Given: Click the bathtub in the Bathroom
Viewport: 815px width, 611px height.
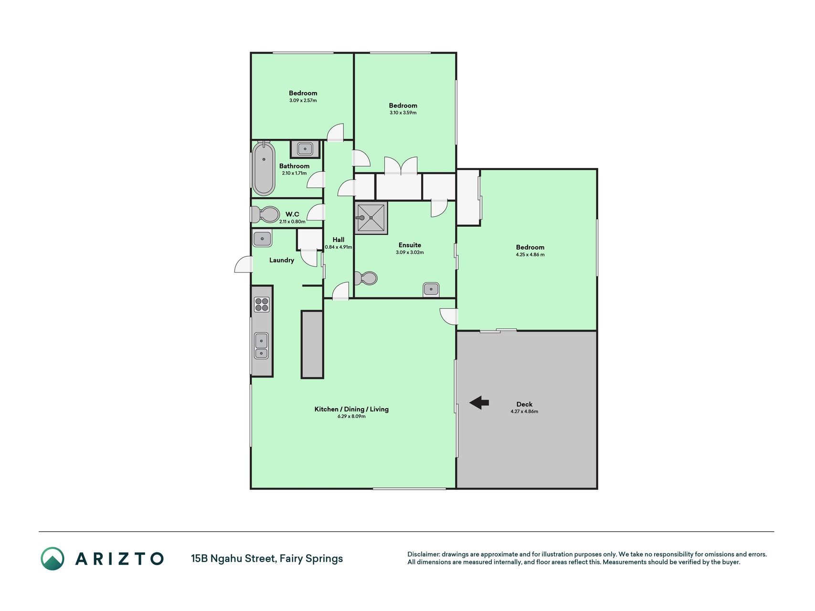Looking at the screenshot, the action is (264, 169).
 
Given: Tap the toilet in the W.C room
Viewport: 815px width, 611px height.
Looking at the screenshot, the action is (265, 215).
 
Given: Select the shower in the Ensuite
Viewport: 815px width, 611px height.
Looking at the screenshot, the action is (371, 218).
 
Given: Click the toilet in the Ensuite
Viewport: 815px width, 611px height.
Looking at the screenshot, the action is (366, 278).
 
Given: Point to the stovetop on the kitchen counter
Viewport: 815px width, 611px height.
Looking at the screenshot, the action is (262, 305).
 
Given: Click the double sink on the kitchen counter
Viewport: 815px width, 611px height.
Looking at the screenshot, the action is (261, 346).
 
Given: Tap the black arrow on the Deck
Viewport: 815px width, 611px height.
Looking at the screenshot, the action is (479, 403).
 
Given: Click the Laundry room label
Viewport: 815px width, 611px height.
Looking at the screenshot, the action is (282, 260).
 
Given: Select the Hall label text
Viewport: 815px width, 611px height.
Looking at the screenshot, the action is (339, 240).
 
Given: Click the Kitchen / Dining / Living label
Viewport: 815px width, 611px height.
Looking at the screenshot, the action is (351, 409).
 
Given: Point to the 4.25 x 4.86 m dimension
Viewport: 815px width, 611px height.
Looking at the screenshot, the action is (530, 254).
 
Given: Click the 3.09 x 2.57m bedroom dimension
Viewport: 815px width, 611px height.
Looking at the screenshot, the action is (303, 101).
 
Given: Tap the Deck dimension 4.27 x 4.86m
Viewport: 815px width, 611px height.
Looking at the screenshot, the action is (524, 411).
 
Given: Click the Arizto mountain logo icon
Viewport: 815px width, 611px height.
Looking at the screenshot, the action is (52, 558).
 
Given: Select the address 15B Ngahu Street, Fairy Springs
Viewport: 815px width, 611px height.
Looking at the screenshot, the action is (267, 558).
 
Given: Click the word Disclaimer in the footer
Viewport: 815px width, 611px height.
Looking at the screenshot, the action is (423, 554).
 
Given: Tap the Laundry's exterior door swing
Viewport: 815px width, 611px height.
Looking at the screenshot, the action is (243, 264).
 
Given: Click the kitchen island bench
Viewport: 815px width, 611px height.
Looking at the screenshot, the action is (312, 344).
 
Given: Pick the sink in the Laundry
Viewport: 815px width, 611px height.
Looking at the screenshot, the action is (262, 238).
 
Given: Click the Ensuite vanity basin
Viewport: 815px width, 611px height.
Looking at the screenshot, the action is (431, 289).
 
